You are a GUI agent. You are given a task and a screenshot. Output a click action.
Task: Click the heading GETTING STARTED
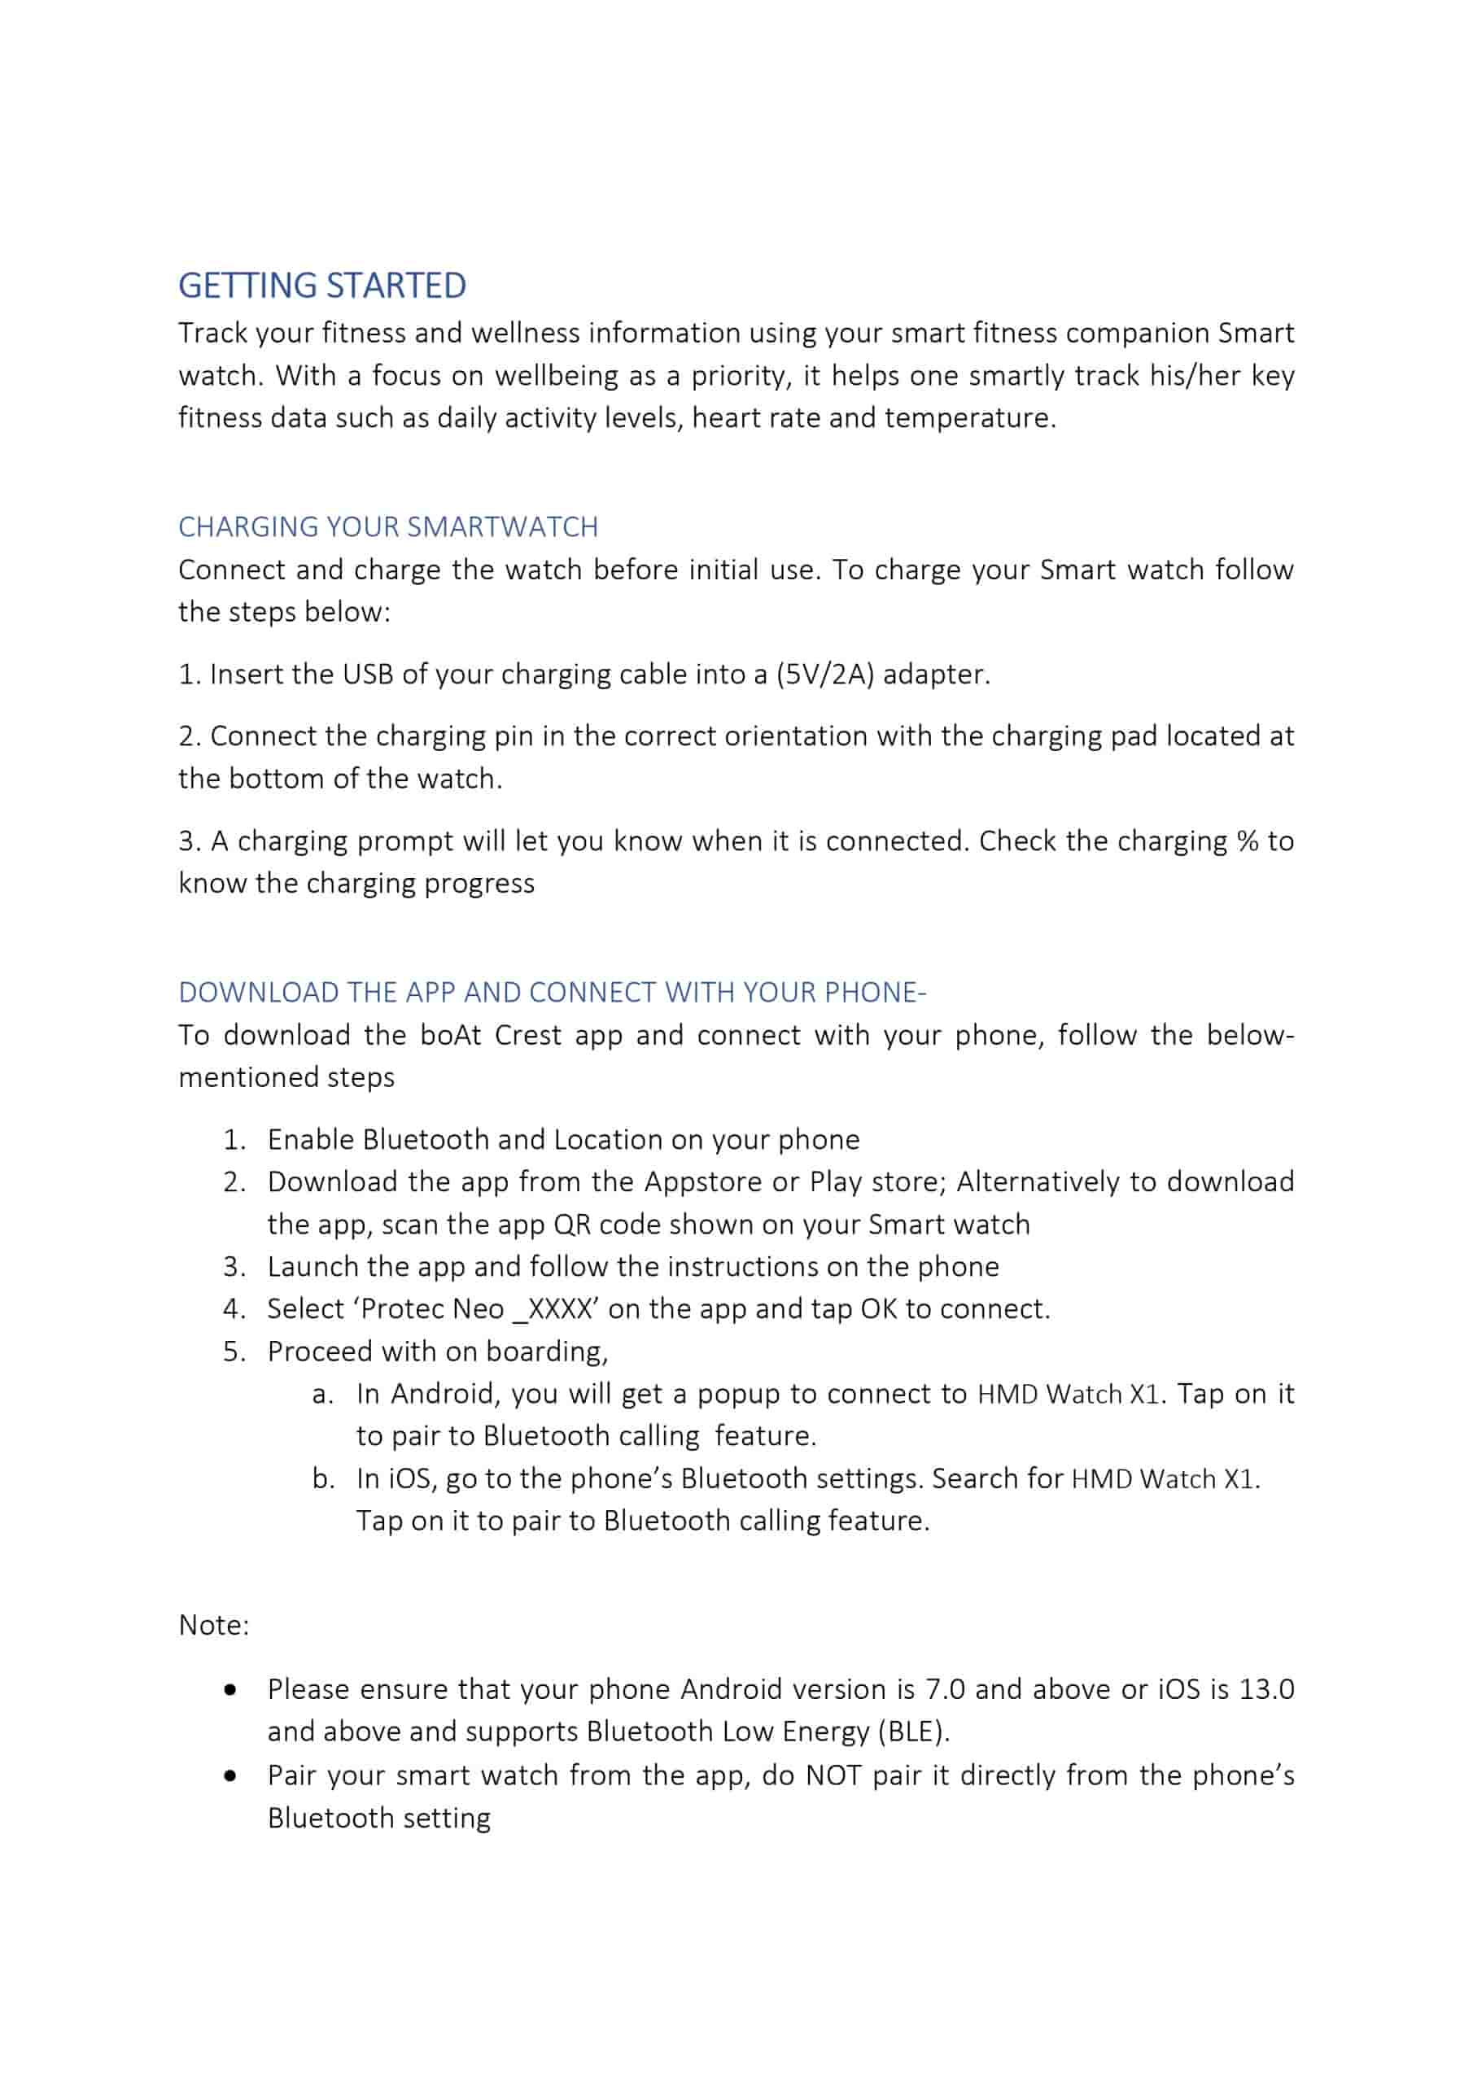pyautogui.click(x=322, y=286)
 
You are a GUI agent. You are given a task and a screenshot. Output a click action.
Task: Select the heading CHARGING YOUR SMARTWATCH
pyautogui.click(x=387, y=527)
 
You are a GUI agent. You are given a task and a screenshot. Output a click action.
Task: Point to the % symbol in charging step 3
pyautogui.click(x=1247, y=841)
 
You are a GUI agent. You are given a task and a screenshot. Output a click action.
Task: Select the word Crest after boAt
pyautogui.click(x=528, y=1035)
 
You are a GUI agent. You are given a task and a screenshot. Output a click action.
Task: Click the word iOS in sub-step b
pyautogui.click(x=409, y=1478)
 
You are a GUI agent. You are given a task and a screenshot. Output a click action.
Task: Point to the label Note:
pyautogui.click(x=213, y=1625)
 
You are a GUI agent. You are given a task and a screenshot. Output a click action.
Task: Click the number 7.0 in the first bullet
pyautogui.click(x=945, y=1689)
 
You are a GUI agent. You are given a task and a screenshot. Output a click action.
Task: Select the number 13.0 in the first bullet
pyautogui.click(x=1266, y=1689)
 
